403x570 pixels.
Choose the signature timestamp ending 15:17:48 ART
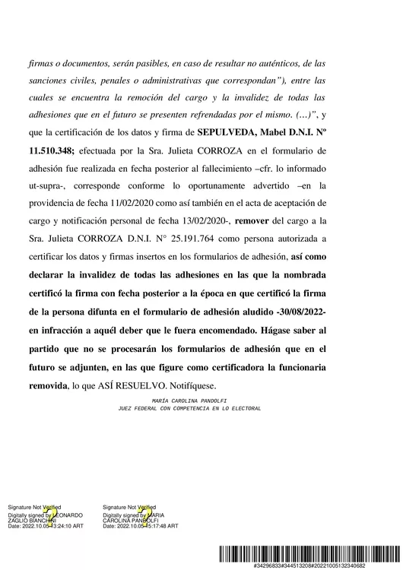141,525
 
